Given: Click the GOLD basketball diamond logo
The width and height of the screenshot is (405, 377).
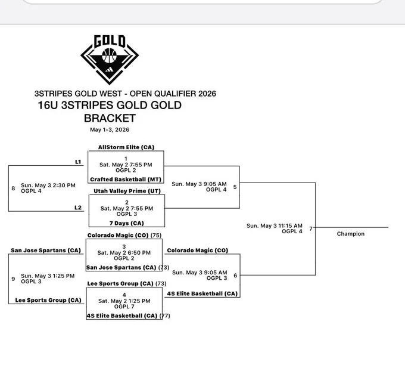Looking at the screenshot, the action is click(110, 60).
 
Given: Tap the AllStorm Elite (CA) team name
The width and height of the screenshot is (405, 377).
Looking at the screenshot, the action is click(126, 147).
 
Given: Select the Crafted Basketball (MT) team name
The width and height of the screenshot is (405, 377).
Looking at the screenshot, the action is click(126, 180).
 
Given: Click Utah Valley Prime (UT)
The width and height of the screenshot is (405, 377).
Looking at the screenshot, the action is click(127, 191).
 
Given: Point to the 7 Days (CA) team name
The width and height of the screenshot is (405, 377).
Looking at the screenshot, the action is click(126, 223).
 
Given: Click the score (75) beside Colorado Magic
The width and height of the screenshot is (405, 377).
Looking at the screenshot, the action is click(156, 235).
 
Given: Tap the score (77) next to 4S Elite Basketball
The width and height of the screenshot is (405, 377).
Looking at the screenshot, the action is click(165, 316).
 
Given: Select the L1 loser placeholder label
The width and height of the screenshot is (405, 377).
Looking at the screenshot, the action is click(78, 162).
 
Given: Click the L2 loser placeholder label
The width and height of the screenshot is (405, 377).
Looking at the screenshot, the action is click(78, 208).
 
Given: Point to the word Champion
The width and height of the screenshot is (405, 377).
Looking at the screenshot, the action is click(350, 234).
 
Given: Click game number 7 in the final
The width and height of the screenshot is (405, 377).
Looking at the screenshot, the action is click(311, 228).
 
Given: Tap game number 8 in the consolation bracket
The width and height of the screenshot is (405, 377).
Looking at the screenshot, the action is click(13, 188).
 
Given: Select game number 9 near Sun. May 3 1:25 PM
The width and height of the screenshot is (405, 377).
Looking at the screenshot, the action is click(13, 279).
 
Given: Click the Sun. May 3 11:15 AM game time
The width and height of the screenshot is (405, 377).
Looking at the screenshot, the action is click(275, 225).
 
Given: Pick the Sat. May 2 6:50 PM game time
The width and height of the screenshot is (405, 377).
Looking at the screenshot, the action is click(124, 252).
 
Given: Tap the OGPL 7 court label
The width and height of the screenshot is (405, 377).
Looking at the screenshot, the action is click(124, 307).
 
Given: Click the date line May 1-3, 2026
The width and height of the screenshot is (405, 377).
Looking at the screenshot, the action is click(110, 129).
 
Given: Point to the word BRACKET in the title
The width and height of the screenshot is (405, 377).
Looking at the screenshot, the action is click(110, 118).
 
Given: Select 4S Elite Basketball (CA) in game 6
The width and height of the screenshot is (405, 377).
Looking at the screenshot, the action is click(202, 293).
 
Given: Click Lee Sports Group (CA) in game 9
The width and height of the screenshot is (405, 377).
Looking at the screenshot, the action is click(48, 300).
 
